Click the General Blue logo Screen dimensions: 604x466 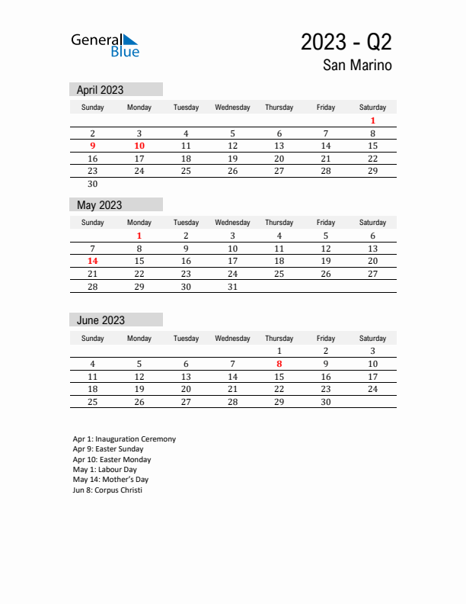pos(105,45)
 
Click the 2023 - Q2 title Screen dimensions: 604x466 pos(346,42)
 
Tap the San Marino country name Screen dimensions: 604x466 pos(357,66)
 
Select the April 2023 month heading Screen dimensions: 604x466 pos(101,90)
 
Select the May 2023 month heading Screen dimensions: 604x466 pos(100,205)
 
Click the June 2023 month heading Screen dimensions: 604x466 pos(101,320)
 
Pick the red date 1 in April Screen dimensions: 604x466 pos(372,120)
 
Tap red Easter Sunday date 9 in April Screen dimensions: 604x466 pos(93,146)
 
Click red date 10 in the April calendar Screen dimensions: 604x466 pos(139,146)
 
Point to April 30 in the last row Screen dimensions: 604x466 pos(93,184)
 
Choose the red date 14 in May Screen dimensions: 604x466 pos(93,261)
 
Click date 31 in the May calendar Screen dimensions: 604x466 pos(233,287)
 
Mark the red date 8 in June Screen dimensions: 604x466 pos(279,364)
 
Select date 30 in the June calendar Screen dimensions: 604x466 pos(326,402)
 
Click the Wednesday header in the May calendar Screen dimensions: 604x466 pos(233,223)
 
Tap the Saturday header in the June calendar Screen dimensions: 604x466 pos(372,338)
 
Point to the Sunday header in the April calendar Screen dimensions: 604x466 pos(93,108)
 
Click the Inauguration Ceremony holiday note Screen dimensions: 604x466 pos(124,439)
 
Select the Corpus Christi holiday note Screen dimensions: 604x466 pos(107,490)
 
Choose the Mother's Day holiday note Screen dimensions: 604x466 pos(110,480)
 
